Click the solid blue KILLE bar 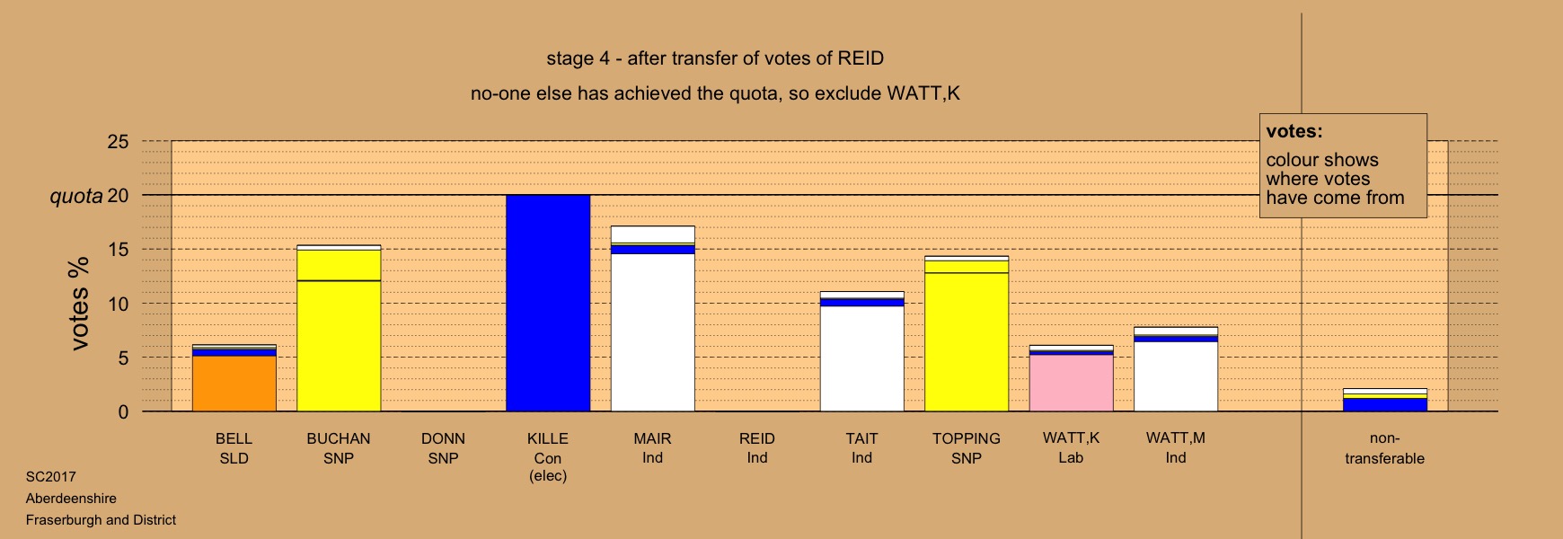coord(548,304)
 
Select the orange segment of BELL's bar coord(234,384)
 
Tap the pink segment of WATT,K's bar coord(1071,383)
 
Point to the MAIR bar coord(653,319)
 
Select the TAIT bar coord(861,351)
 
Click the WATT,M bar coord(1176,369)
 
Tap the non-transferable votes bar coord(1384,400)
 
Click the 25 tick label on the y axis coord(118,142)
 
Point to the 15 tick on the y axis coord(118,250)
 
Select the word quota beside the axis coord(75,196)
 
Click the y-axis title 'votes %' coord(80,304)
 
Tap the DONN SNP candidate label coord(443,448)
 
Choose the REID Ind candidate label coord(757,448)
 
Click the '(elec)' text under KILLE coord(548,476)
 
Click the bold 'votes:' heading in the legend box coord(1294,131)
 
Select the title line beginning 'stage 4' coord(715,58)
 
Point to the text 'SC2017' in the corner coord(51,477)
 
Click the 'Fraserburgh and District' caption coord(101,520)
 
